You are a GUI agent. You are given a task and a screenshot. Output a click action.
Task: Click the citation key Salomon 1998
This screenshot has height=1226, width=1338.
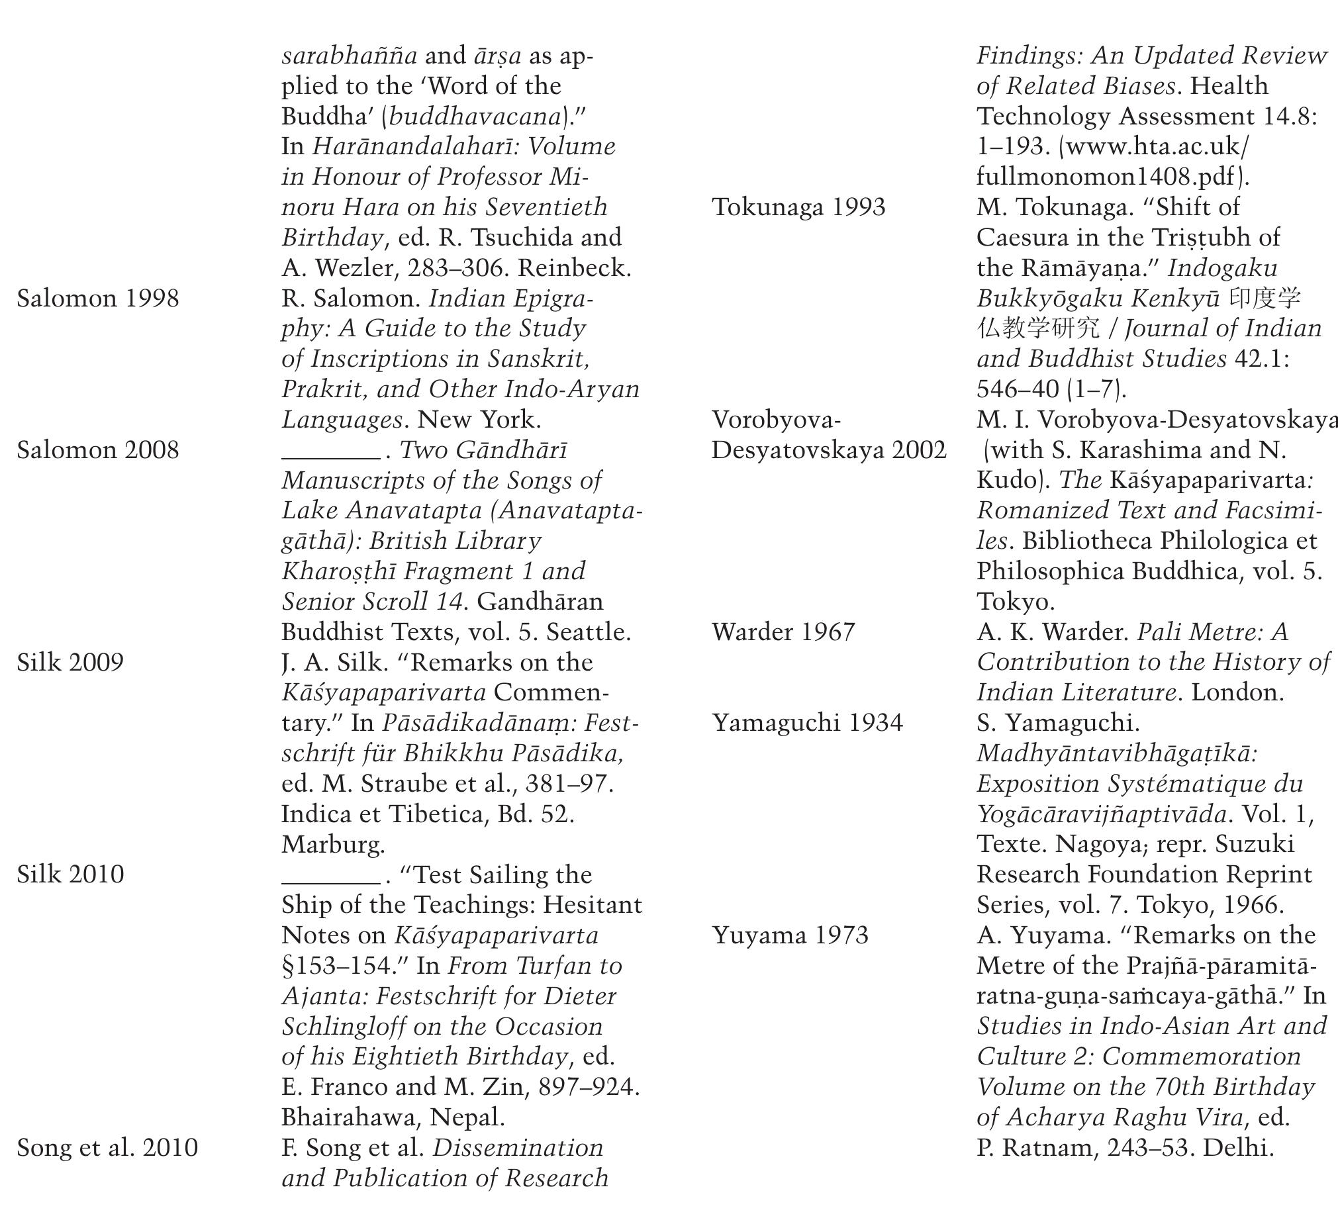(x=97, y=299)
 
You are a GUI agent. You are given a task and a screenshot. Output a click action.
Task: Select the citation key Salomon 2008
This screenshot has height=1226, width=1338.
(x=97, y=450)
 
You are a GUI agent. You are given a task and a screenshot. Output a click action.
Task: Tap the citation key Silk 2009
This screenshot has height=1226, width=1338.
(x=70, y=663)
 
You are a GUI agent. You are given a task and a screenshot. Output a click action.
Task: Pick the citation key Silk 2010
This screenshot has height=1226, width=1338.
(x=70, y=874)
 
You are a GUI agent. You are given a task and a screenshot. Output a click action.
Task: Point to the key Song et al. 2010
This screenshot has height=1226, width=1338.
(x=107, y=1148)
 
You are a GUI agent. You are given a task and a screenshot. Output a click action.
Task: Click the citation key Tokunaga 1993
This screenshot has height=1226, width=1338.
(x=798, y=207)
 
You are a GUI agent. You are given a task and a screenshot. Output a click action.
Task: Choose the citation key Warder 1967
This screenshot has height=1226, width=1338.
(x=783, y=632)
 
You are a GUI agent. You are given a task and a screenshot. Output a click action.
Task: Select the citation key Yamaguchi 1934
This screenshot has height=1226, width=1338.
(x=807, y=723)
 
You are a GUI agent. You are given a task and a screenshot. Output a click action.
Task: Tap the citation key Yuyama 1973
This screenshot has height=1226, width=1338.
(x=790, y=935)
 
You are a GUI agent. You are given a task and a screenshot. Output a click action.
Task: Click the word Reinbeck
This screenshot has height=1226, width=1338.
(x=574, y=268)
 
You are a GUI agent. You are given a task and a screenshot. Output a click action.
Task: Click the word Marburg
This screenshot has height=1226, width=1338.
(x=333, y=844)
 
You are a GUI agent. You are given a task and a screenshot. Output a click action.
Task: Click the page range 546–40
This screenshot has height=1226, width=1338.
(x=1018, y=389)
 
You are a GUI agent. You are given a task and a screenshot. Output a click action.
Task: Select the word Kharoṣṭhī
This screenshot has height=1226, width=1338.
(x=334, y=571)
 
